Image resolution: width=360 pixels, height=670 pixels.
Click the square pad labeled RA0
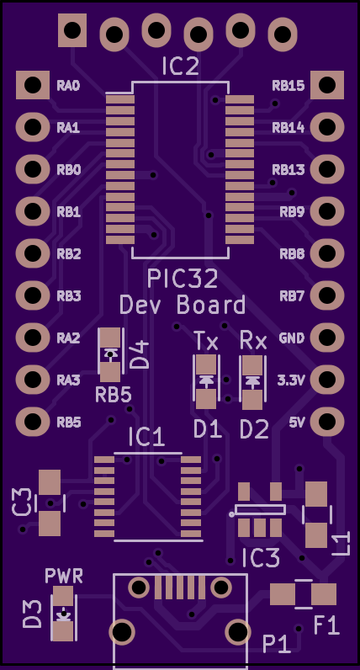click(x=33, y=85)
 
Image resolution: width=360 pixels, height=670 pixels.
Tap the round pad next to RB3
click(x=33, y=295)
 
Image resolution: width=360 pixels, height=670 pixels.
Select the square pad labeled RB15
click(x=327, y=85)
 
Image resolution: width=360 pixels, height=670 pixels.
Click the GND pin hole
click(x=327, y=338)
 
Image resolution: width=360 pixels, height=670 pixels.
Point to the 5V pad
click(x=327, y=422)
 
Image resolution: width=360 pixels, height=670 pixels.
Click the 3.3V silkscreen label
click(x=291, y=380)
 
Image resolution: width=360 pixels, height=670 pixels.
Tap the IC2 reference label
click(x=180, y=67)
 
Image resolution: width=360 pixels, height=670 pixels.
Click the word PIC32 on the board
click(x=183, y=279)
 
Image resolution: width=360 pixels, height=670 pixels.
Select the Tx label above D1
click(x=207, y=342)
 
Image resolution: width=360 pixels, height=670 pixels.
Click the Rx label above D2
click(x=253, y=341)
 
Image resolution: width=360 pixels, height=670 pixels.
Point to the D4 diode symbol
click(x=110, y=354)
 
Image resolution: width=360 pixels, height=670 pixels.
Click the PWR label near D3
click(x=64, y=576)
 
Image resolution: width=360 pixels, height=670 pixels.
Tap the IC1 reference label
click(x=146, y=438)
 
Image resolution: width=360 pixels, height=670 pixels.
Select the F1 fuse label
click(x=326, y=625)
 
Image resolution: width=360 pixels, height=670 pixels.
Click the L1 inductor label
click(x=341, y=544)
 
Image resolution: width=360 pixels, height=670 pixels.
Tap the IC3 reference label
click(x=261, y=559)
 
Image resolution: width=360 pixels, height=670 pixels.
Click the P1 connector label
click(x=276, y=644)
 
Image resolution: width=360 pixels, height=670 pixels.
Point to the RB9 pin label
click(x=293, y=211)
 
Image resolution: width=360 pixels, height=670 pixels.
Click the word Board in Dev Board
click(x=211, y=306)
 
